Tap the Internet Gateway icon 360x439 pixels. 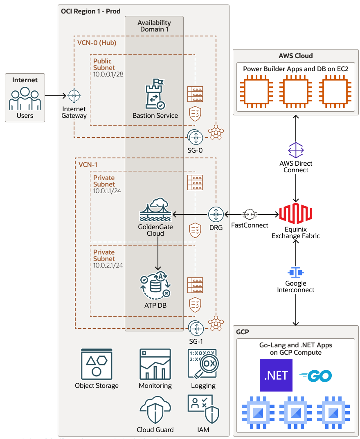click(x=74, y=96)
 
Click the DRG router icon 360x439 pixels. click(x=216, y=214)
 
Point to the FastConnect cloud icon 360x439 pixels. click(x=250, y=214)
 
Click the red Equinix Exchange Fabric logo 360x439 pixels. click(x=296, y=214)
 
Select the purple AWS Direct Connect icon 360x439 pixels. click(x=296, y=150)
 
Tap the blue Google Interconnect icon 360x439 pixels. click(x=296, y=272)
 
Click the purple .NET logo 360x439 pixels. click(x=276, y=375)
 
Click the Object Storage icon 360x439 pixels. click(x=97, y=364)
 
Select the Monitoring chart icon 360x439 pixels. click(x=155, y=364)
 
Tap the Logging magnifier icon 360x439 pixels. click(x=203, y=364)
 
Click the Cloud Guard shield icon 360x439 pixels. click(x=155, y=410)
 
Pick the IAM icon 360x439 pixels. click(x=203, y=410)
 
